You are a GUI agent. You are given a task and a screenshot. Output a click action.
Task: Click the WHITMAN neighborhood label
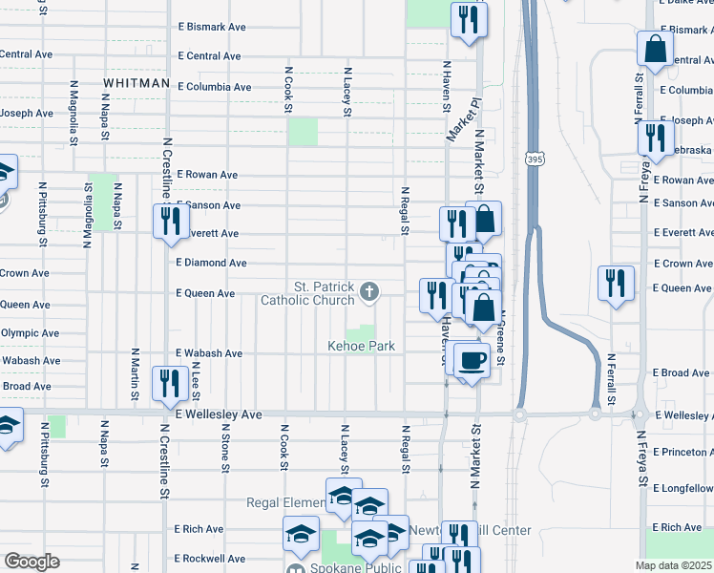pyautogui.click(x=136, y=84)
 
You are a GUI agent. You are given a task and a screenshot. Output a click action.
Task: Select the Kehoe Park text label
pyautogui.click(x=362, y=346)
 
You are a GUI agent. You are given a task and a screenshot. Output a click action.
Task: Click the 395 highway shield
pyautogui.click(x=535, y=162)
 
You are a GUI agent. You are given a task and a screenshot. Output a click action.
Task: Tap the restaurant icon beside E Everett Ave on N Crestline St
pyautogui.click(x=170, y=221)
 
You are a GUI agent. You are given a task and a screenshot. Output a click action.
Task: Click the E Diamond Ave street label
pyautogui.click(x=212, y=263)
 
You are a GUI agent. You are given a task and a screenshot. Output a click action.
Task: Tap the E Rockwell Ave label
pyautogui.click(x=212, y=559)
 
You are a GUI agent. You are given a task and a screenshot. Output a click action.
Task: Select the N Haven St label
pyautogui.click(x=446, y=89)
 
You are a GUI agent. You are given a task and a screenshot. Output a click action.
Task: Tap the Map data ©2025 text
pyautogui.click(x=674, y=565)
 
